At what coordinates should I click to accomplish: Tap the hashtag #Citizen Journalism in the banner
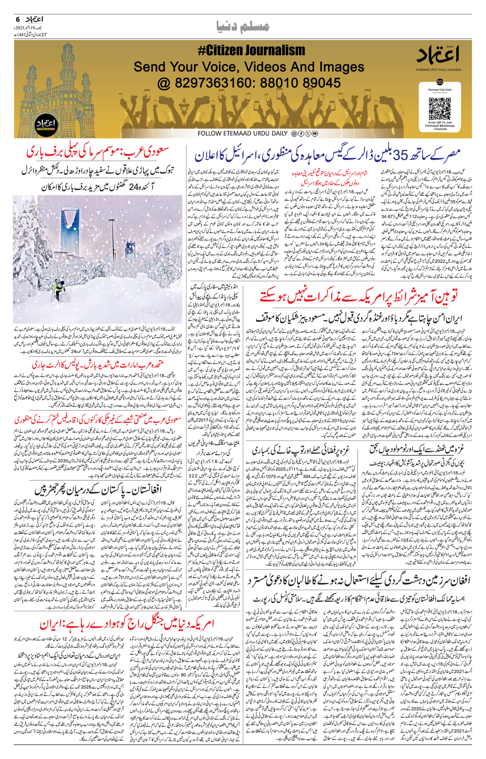251,50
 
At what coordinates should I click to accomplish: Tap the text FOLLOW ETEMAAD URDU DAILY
242,133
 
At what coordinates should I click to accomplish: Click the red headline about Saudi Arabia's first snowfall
98,153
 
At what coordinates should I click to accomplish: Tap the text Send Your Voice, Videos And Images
249,67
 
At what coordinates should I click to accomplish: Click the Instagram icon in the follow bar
293,134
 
